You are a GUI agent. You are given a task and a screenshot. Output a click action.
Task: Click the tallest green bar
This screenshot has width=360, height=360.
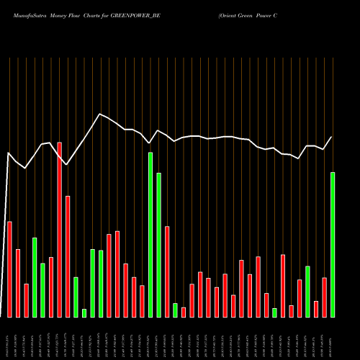pos(150,234)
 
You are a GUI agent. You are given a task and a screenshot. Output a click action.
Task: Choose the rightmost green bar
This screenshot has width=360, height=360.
pos(333,244)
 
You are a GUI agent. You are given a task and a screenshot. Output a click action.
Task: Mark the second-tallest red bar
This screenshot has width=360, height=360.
pos(68,256)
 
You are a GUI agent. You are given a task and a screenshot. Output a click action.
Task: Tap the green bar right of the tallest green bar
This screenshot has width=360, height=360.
pos(158,245)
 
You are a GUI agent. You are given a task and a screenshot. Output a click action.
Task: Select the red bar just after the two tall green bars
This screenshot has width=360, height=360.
pos(167,271)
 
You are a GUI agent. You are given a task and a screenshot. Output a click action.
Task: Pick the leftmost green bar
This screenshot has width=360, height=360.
pos(35,276)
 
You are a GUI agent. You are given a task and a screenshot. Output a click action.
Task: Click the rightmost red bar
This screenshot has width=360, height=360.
pos(325,297)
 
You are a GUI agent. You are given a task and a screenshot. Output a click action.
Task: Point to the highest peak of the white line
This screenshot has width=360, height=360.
pos(100,114)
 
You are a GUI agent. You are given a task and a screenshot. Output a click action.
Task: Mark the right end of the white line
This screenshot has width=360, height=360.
pos(332,137)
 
